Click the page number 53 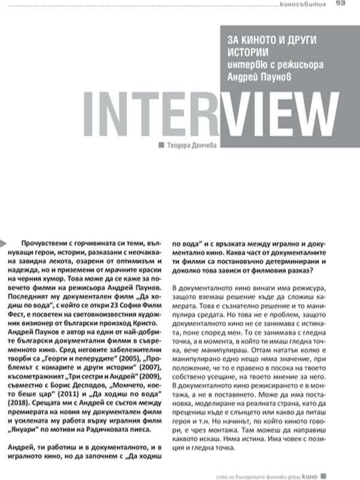click(340, 3)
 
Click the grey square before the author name click(160, 145)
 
